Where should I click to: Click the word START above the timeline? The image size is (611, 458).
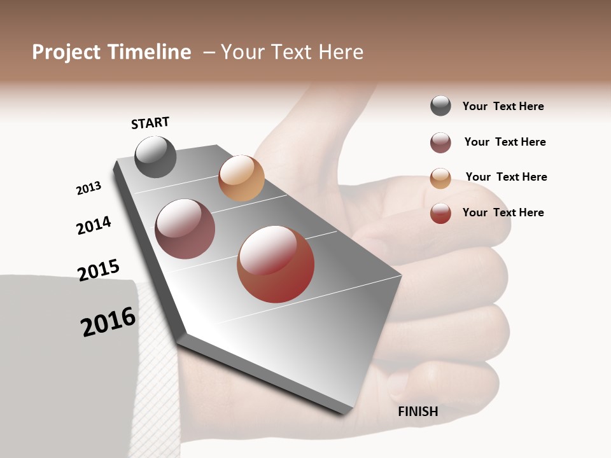click(x=150, y=123)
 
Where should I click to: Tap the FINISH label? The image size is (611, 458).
click(x=418, y=412)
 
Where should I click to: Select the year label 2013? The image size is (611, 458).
click(x=88, y=188)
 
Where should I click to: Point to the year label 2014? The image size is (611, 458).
click(x=94, y=225)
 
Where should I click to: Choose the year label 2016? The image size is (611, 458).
click(x=108, y=322)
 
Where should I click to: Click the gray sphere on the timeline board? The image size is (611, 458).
click(x=156, y=156)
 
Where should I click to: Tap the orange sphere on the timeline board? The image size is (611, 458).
click(x=241, y=178)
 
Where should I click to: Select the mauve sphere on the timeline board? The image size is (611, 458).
click(x=185, y=229)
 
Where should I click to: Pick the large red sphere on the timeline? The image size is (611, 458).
click(x=276, y=264)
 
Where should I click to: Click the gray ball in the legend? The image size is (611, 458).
click(x=440, y=106)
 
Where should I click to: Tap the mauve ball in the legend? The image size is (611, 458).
click(x=440, y=142)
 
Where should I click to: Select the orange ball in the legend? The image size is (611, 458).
click(x=440, y=178)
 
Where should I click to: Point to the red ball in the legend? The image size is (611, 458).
click(x=440, y=213)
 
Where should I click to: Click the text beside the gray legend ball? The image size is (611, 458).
click(x=503, y=106)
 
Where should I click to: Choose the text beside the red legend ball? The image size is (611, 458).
click(x=503, y=212)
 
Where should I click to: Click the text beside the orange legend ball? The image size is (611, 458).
click(x=506, y=177)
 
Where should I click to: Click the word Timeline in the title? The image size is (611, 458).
click(x=150, y=52)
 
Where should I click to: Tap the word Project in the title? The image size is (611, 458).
click(x=66, y=52)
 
